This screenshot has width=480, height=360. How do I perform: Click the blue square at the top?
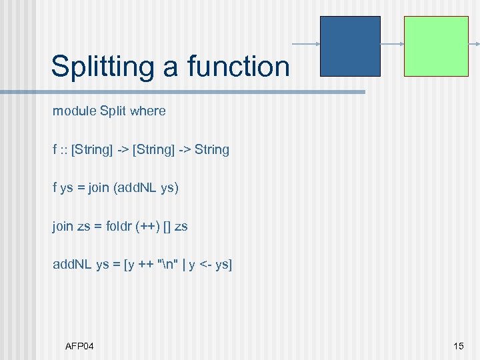350,46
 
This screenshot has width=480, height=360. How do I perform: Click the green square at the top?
437,46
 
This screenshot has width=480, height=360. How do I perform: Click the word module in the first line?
74,111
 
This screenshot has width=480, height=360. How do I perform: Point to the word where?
148,111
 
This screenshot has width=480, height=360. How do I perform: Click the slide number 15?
458,346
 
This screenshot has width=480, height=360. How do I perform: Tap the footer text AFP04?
79,346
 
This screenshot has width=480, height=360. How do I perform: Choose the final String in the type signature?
212,150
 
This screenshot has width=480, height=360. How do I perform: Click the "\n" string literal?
170,265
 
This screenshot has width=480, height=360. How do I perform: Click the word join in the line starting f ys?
99,189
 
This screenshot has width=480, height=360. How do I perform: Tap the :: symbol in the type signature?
64,150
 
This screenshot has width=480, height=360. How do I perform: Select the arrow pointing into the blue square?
307,45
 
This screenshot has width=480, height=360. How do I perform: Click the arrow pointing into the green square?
392,45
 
